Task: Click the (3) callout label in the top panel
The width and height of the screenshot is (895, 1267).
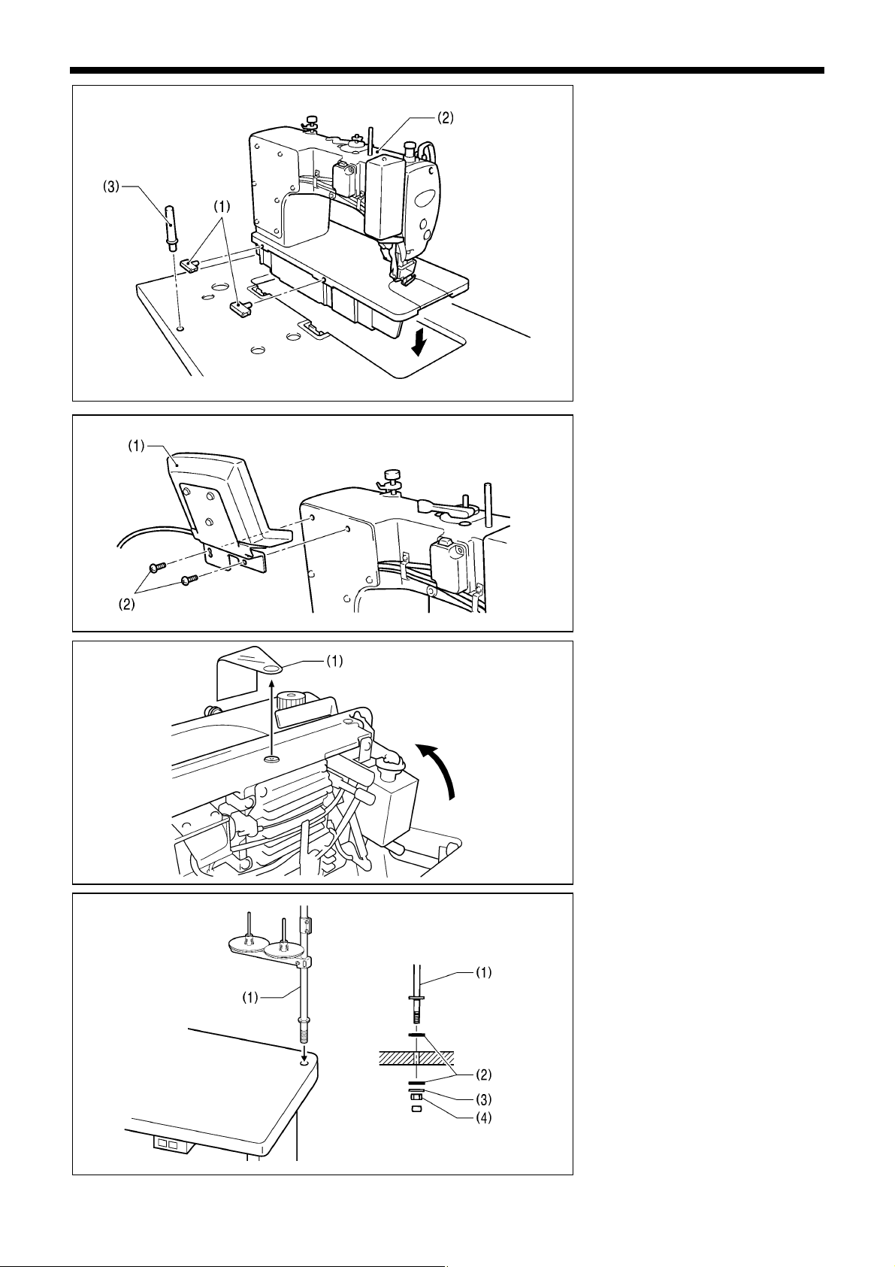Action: pos(111,187)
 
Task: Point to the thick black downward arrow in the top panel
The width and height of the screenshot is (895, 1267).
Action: pos(418,343)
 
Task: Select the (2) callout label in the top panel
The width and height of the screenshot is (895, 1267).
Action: pos(445,118)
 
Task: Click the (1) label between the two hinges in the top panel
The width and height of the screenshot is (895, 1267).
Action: pos(222,207)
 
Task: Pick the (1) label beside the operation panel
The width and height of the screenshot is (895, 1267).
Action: pos(136,447)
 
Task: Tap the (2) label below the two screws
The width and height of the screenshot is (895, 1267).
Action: pos(126,604)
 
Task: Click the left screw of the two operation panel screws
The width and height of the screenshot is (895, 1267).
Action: pos(156,566)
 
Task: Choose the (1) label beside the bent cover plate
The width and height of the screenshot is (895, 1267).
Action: pos(334,661)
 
